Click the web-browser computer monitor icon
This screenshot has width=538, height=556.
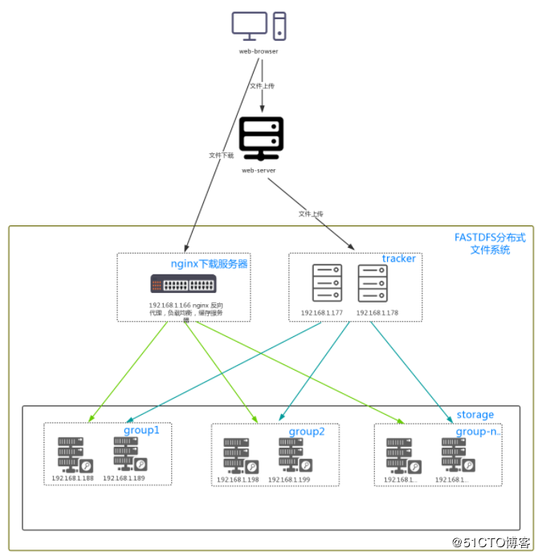tap(250, 24)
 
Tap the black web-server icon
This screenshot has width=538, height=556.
tap(261, 138)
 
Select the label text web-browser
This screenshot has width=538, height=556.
tap(259, 51)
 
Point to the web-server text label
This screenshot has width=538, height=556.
tap(261, 170)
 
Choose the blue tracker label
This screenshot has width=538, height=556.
tap(399, 258)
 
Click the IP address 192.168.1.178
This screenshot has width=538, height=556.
tap(376, 312)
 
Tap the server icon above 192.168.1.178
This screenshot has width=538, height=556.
tap(373, 283)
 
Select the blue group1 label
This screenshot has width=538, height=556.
tap(141, 430)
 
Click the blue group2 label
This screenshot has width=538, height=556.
tap(307, 432)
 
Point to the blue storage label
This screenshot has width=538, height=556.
tap(475, 415)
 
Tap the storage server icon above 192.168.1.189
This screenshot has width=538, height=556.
tap(128, 455)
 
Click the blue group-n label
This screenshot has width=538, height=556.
tap(478, 432)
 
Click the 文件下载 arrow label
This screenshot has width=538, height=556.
tap(221, 156)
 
